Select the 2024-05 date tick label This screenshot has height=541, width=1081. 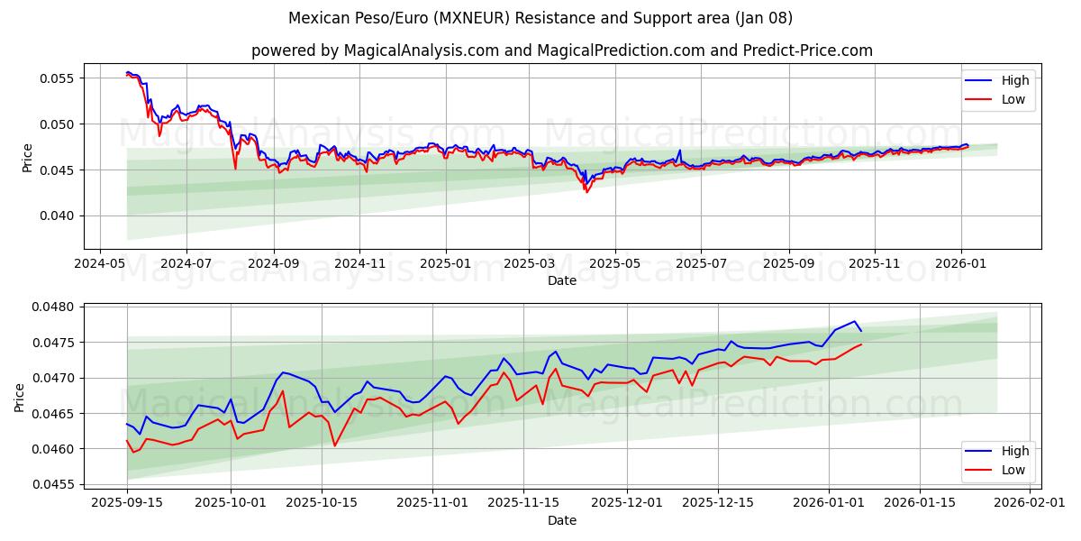[99, 263]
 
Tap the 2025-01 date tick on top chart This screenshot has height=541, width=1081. [446, 263]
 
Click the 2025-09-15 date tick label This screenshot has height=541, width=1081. [127, 503]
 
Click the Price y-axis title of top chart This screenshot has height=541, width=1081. [28, 158]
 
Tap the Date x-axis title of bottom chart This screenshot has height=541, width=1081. [562, 520]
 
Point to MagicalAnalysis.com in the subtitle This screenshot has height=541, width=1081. [422, 50]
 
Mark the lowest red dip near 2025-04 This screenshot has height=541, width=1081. [586, 192]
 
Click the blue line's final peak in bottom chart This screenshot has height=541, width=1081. [854, 321]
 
